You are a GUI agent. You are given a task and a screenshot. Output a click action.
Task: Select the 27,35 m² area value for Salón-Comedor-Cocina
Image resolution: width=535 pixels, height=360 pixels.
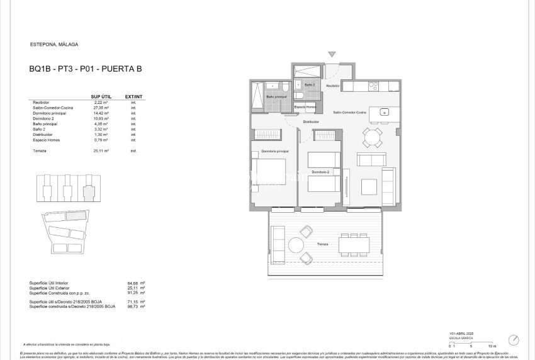pos(101,108)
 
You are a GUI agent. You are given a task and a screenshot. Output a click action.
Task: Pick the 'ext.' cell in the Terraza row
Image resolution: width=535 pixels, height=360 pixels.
pos(133,151)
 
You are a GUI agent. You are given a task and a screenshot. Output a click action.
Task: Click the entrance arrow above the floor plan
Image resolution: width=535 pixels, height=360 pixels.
pos(332,55)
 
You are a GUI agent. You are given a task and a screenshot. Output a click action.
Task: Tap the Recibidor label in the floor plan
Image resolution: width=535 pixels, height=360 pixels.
pos(333,86)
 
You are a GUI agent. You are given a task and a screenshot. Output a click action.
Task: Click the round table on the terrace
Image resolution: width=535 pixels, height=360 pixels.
pos(296,245)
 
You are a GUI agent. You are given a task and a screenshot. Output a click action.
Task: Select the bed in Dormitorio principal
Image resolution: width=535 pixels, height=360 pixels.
pos(269,176)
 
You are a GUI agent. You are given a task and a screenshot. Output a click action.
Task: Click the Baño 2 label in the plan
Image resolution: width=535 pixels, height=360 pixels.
pos(310,84)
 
